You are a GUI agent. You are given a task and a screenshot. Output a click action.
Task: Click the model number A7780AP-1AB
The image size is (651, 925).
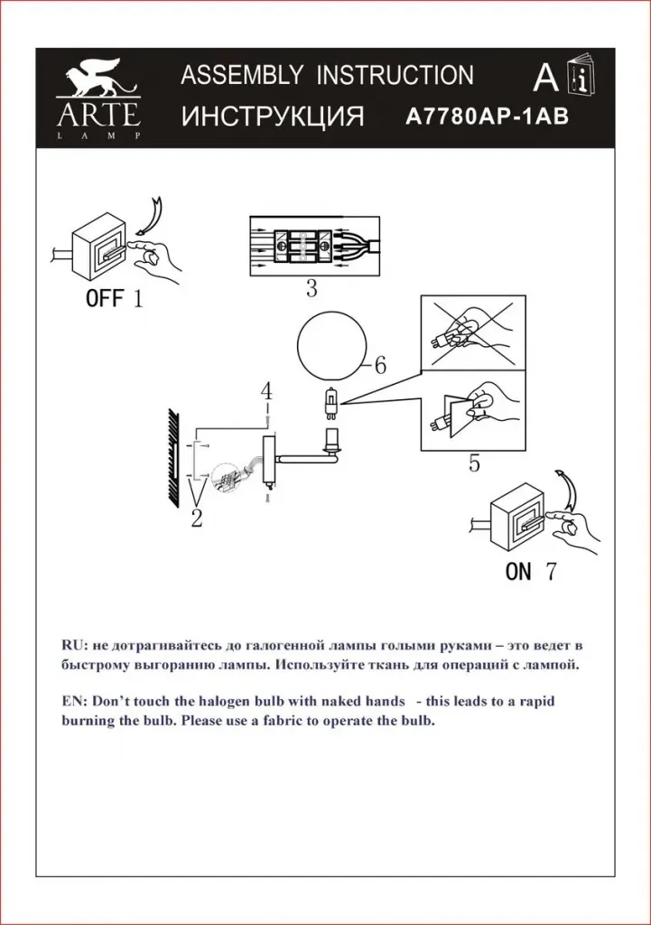[487, 117]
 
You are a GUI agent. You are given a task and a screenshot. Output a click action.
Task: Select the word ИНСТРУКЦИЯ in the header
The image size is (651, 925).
[273, 117]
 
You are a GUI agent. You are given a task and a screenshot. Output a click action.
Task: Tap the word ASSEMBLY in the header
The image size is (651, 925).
[242, 75]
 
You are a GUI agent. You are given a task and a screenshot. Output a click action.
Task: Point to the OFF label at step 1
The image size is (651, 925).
[105, 298]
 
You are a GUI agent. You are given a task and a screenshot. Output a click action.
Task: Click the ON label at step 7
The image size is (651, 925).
[518, 571]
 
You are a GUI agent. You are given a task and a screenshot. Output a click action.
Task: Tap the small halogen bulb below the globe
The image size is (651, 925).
[330, 404]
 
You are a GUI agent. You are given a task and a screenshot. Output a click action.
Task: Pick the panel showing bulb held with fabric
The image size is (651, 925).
[472, 409]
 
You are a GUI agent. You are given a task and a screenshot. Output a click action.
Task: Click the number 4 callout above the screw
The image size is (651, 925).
[267, 391]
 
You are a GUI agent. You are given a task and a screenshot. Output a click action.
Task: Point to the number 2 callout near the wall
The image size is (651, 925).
[196, 519]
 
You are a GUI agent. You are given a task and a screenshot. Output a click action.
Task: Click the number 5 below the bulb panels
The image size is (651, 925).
[474, 463]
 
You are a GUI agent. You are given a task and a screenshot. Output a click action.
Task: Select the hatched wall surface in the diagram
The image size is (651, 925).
[173, 457]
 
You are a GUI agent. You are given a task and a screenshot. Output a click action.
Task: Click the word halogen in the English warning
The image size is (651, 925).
[224, 701]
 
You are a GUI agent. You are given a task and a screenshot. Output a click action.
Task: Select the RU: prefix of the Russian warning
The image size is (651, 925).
[75, 645]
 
